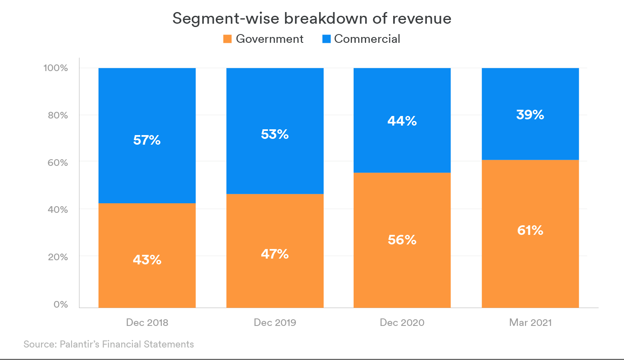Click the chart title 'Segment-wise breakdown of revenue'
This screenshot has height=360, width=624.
[312, 18]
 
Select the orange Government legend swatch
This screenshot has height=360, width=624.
[227, 39]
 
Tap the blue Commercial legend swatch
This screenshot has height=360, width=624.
[327, 39]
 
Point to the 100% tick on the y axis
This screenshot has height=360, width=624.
[56, 68]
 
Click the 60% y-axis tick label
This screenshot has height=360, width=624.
[58, 163]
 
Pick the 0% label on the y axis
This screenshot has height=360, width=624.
[61, 304]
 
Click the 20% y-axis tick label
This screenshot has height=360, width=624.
[58, 257]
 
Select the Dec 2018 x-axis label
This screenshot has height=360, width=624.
[147, 323]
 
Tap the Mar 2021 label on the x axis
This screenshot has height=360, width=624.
[530, 323]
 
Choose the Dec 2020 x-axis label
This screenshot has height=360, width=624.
[402, 323]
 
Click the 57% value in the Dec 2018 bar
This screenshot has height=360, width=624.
[147, 140]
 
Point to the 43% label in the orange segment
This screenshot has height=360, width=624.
[147, 260]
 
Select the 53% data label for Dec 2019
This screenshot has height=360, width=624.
[275, 134]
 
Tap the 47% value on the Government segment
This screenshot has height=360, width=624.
[275, 254]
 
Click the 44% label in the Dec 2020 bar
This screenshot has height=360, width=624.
[402, 121]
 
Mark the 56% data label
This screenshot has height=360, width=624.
[402, 240]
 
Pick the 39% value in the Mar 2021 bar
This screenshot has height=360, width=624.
[530, 115]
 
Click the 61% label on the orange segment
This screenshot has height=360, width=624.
[530, 230]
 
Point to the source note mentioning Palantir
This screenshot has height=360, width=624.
[109, 344]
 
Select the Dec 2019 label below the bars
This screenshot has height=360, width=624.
[275, 323]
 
